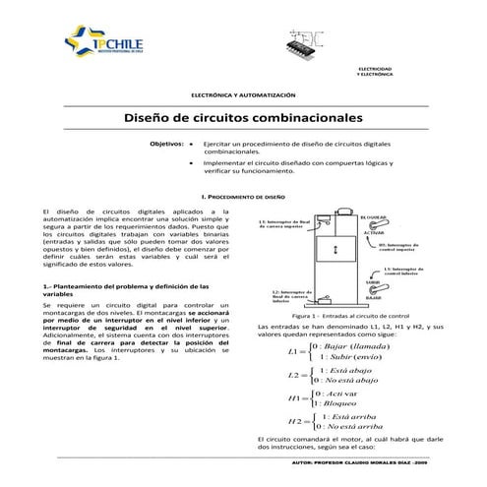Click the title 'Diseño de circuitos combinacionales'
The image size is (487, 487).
click(x=243, y=116)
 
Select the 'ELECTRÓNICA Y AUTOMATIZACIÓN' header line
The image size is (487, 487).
click(x=242, y=93)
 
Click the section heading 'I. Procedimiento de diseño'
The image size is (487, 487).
click(x=243, y=197)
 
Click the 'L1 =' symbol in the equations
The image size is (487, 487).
click(x=294, y=350)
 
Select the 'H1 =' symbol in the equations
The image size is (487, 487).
click(x=292, y=398)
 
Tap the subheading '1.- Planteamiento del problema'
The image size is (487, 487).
click(x=114, y=289)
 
